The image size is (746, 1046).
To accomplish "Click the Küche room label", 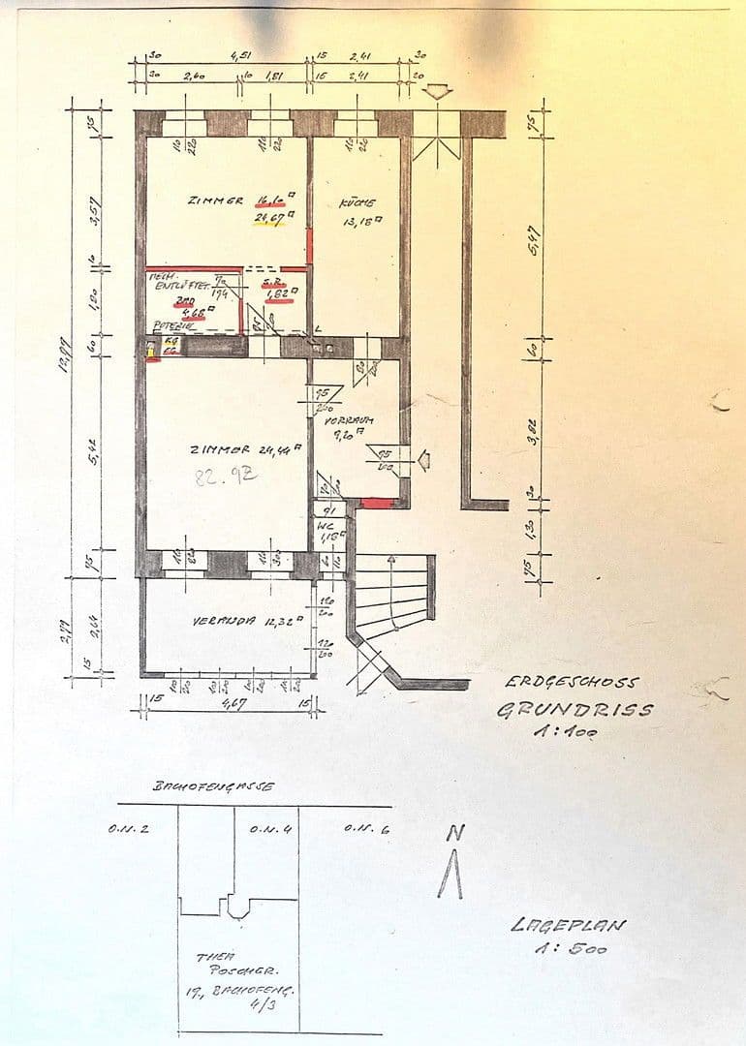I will [356, 203].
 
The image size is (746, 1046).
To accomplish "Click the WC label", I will [324, 527].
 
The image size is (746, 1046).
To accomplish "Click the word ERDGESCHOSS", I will [572, 682].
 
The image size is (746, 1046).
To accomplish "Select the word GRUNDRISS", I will [575, 709].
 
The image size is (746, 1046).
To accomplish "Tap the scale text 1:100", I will [566, 732].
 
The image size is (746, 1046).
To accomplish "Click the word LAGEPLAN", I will [568, 925].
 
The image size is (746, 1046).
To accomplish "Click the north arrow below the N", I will [450, 877].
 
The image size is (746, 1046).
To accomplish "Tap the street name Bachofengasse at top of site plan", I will [212, 785].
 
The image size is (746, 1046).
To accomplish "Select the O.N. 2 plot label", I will [129, 829].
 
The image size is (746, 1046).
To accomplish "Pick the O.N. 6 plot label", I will [367, 829].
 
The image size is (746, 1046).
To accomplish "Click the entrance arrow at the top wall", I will [439, 93].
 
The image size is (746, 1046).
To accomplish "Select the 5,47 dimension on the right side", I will [534, 237].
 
